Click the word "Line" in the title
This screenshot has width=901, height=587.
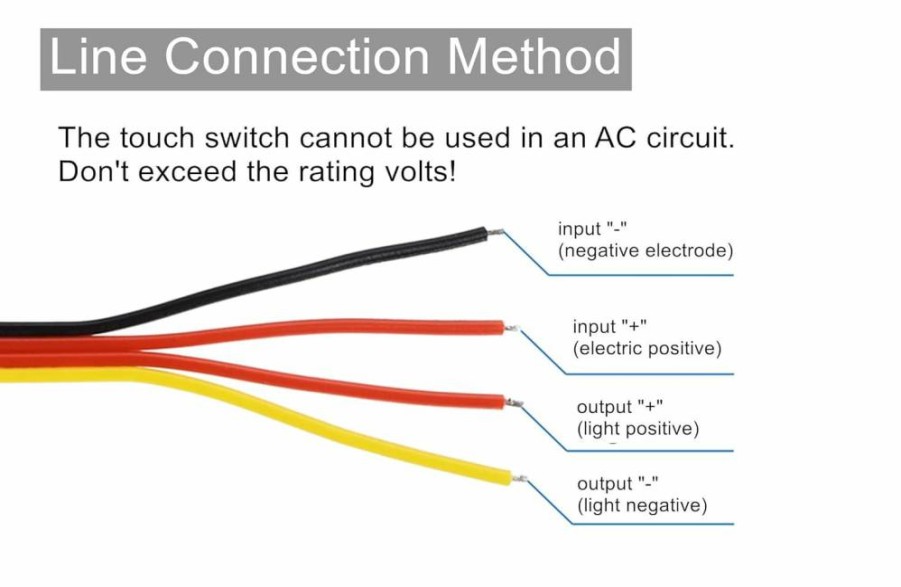98,56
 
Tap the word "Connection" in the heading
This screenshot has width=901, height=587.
297,56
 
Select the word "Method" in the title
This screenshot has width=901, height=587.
534,56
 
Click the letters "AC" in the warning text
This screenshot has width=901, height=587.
615,138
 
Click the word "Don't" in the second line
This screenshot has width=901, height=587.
94,171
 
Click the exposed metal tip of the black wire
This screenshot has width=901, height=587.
496,233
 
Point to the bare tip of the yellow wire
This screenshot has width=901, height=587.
519,478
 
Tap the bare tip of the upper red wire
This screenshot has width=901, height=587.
512,329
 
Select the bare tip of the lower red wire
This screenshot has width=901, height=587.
514,403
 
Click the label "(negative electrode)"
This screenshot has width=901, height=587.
645,251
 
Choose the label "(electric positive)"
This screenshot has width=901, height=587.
646,349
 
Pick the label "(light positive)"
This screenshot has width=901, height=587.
638,429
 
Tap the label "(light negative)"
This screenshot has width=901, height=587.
642,505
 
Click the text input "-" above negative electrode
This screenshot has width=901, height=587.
592,229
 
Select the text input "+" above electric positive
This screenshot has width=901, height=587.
610,326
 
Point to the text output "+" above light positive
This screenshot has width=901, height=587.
619,407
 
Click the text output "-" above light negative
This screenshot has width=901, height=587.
617,484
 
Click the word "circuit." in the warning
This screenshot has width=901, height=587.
690,138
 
